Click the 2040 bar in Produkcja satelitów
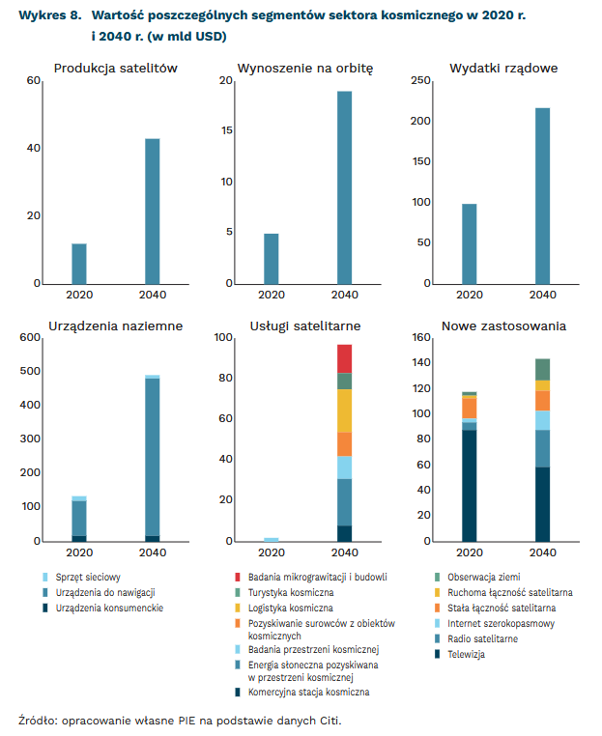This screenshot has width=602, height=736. point(153,211)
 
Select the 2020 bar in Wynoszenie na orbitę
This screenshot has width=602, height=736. point(272,258)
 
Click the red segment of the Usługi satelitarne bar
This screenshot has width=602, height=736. point(344,358)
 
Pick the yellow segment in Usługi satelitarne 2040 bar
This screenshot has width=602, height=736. point(344,410)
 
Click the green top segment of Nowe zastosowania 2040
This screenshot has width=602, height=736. point(543,369)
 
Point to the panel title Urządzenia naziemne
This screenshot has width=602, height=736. point(115,326)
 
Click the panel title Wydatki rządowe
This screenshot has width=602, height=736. point(503,68)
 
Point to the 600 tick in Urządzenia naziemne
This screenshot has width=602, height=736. point(29,337)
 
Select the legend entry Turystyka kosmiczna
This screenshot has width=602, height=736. point(291,592)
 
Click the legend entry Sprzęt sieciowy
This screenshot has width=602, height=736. point(89,577)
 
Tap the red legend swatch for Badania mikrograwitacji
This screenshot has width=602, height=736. point(238,577)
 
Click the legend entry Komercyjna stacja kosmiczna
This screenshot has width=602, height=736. point(308,693)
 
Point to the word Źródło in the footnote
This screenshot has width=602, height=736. point(38,721)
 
